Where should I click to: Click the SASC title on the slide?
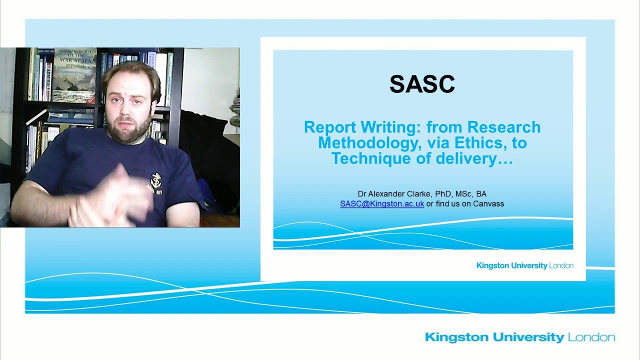click(422, 84)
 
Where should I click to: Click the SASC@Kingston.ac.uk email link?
click(382, 204)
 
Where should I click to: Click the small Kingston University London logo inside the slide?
click(524, 265)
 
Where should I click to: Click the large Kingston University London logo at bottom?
click(519, 337)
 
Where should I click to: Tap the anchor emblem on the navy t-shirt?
click(156, 180)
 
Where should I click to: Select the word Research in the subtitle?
click(503, 127)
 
